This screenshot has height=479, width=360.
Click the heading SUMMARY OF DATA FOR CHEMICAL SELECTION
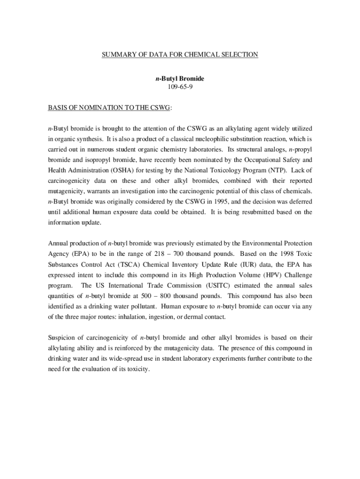(180, 55)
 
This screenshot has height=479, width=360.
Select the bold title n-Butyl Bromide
(180, 79)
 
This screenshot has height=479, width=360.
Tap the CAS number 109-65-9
(180, 87)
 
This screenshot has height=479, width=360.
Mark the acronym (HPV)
(260, 275)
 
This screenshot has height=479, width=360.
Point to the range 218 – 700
(170, 254)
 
